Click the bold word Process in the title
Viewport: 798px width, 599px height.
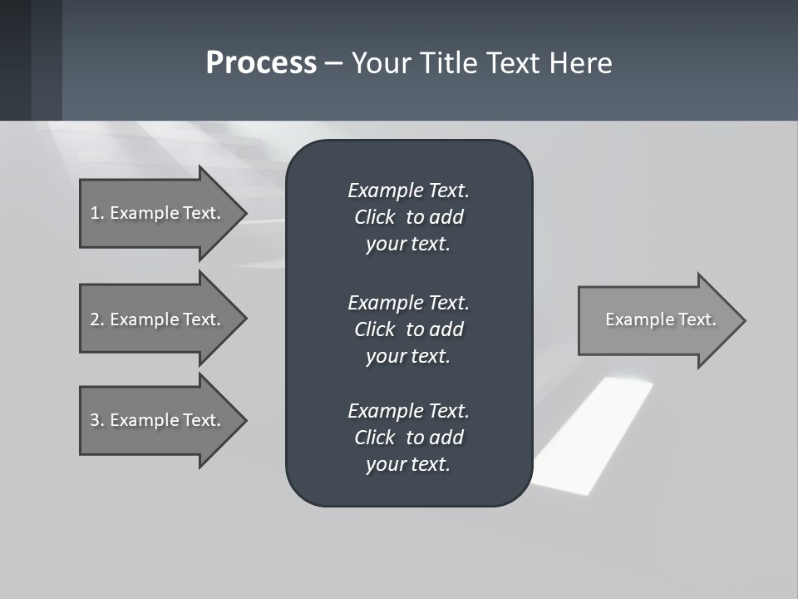[x=261, y=63]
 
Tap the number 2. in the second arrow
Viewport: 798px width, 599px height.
[x=97, y=319]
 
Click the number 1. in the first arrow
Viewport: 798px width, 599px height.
[x=97, y=213]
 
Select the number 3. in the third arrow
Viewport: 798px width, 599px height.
[x=97, y=420]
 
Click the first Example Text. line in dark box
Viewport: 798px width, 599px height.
[x=408, y=191]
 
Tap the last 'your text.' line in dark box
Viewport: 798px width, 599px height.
[x=408, y=465]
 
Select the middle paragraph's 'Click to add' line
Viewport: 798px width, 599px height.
[x=408, y=329]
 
